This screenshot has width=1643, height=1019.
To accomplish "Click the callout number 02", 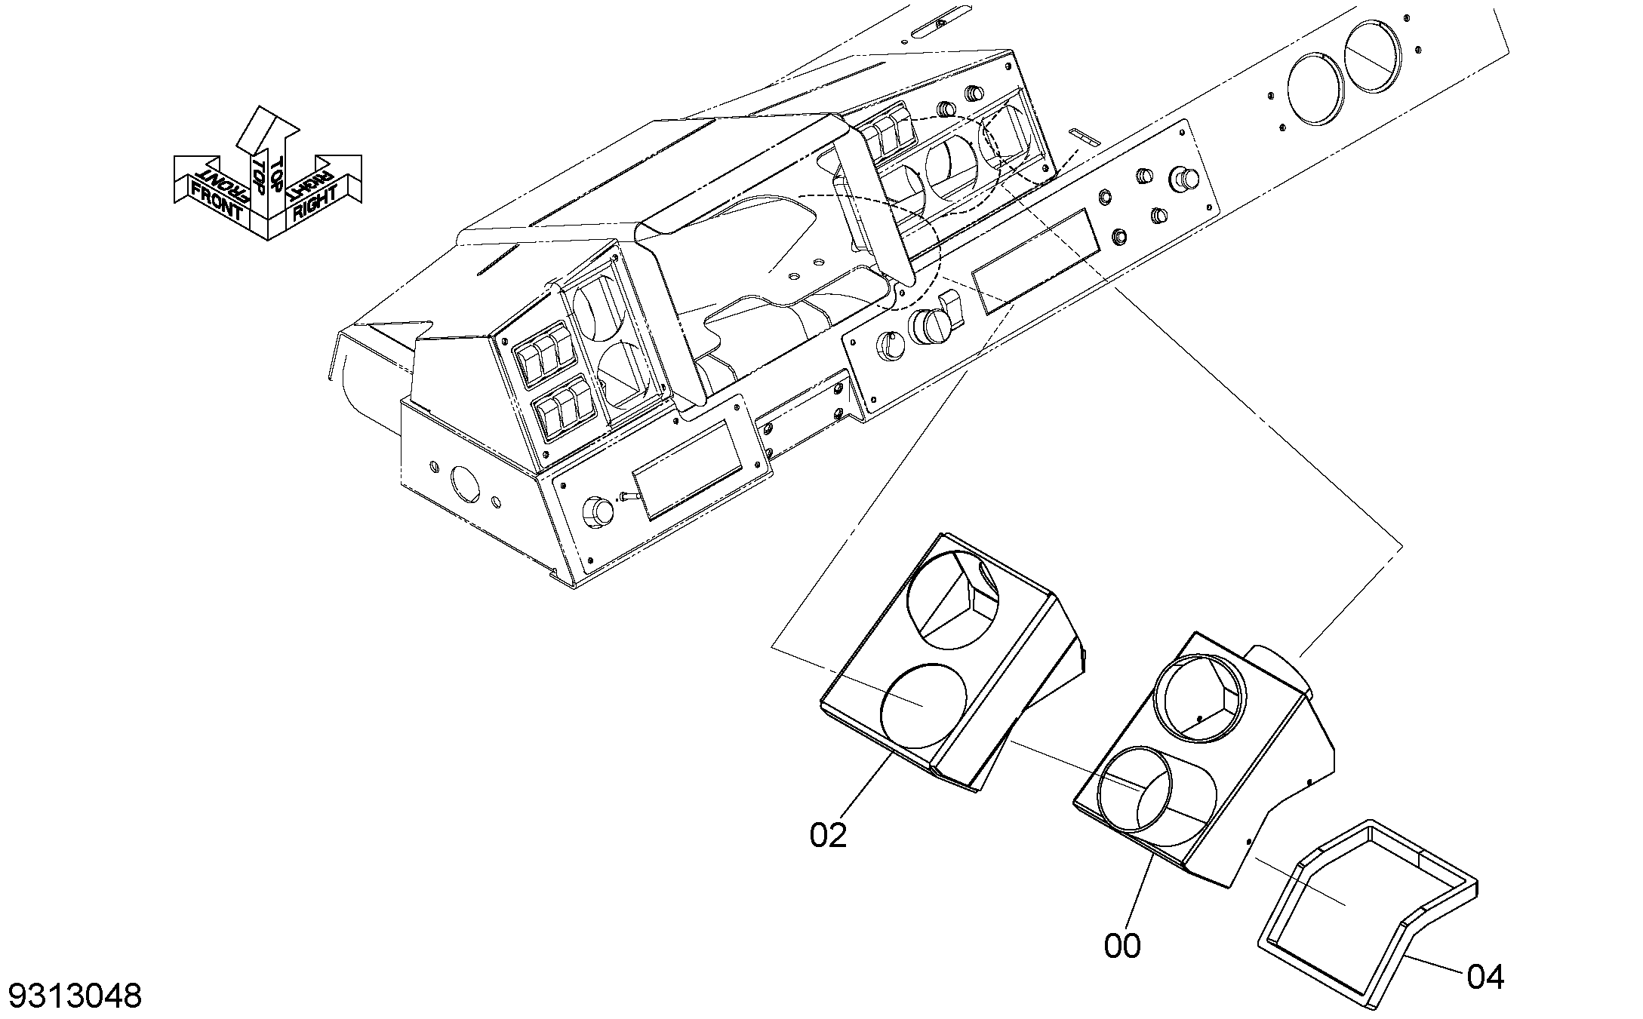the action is click(x=828, y=835).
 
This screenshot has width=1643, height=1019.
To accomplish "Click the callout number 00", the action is click(x=1122, y=946).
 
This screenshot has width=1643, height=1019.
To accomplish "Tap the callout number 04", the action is click(x=1485, y=978).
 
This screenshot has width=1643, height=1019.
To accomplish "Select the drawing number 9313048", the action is click(x=75, y=996).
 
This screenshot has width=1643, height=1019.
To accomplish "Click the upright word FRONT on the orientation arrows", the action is click(x=217, y=201).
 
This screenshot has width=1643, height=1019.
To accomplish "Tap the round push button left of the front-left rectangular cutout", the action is click(x=598, y=511).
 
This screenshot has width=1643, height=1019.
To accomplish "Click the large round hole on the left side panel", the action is click(x=465, y=483).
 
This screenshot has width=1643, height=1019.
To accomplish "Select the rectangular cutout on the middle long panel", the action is click(x=1032, y=260).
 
